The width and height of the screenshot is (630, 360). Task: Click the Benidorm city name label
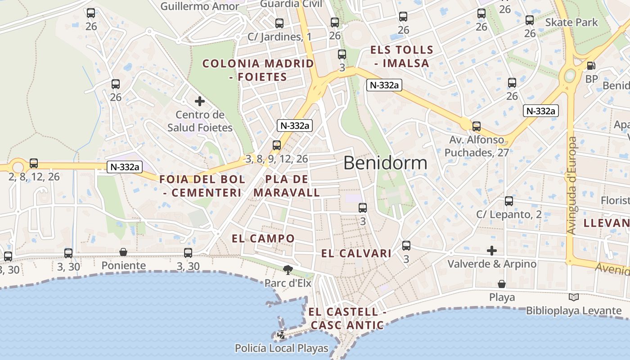385,162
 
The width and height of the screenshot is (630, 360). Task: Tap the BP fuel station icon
590,66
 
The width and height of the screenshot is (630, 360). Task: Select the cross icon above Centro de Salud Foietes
199,101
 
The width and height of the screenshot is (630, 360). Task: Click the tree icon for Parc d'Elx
288,270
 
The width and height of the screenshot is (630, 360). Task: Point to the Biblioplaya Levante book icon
573,297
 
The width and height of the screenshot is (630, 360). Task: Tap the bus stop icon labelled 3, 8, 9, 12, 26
277,145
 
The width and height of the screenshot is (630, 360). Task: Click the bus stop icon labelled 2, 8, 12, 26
34,163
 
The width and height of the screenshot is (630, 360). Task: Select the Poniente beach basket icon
123,252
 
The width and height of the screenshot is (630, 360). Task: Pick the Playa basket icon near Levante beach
502,284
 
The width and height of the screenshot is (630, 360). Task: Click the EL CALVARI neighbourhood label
356,253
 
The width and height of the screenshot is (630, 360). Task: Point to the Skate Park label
571,22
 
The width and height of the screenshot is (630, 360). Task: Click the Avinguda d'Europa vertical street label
571,185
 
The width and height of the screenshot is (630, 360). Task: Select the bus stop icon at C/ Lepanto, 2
509,201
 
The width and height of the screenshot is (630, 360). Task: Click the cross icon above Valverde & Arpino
492,250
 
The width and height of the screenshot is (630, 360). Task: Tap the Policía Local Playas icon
281,334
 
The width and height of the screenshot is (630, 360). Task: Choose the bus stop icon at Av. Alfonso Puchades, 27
477,126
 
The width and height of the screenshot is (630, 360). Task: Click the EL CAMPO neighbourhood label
263,238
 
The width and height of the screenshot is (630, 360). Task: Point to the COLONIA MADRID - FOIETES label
258,70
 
